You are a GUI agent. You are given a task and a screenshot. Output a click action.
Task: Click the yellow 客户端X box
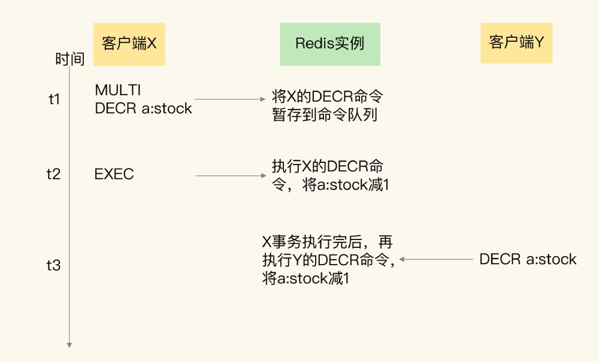[129, 44]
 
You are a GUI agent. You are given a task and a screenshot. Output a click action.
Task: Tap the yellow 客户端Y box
[516, 43]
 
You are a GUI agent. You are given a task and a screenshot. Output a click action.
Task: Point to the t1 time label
[55, 99]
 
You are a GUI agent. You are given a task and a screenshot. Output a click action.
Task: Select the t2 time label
[54, 174]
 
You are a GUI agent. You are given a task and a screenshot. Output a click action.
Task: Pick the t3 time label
[54, 265]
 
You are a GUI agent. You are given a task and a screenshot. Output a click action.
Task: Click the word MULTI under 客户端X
[117, 90]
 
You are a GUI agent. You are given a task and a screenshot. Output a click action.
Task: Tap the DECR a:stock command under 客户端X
[143, 108]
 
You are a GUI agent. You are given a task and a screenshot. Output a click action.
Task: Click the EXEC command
[114, 175]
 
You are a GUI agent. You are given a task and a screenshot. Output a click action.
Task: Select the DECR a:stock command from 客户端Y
[528, 259]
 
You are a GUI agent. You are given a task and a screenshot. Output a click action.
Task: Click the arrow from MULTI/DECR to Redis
[231, 99]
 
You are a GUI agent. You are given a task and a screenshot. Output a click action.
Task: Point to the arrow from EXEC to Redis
[231, 175]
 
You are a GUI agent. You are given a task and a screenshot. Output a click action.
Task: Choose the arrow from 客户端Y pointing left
[435, 259]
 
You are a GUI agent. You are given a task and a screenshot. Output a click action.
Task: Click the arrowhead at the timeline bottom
[69, 344]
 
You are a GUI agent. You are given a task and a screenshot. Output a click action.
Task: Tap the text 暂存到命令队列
[325, 115]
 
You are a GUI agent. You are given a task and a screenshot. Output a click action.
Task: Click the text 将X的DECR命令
[327, 96]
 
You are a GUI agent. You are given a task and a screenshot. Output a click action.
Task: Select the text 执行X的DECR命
[327, 166]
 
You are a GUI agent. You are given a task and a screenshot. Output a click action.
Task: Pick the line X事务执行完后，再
[327, 242]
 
